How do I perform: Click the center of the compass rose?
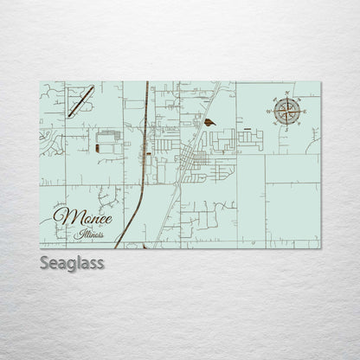click(287, 109)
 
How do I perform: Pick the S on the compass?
click(287, 125)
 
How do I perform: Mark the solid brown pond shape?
click(210, 123)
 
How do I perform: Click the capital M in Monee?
click(63, 215)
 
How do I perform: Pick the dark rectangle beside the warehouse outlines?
click(98, 148)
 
